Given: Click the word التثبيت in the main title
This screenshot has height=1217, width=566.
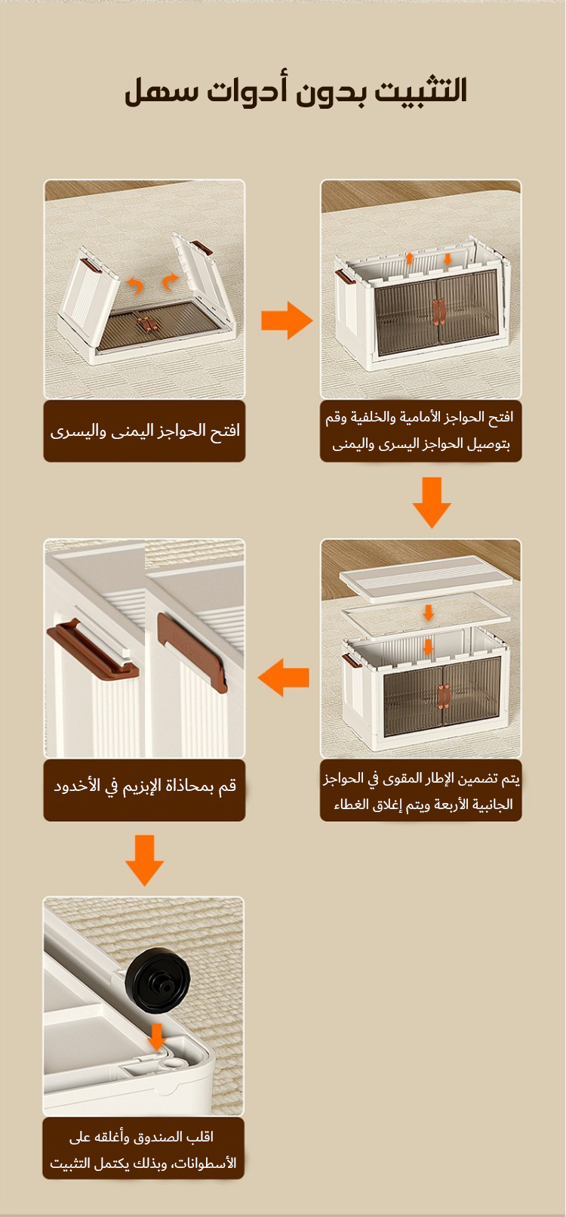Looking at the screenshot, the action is click(421, 90).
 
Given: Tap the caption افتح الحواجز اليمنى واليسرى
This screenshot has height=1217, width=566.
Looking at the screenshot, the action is click(144, 431).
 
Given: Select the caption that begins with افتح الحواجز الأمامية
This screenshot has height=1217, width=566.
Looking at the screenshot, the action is click(420, 431).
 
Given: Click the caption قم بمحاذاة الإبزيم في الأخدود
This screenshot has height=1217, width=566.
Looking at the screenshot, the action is click(145, 786).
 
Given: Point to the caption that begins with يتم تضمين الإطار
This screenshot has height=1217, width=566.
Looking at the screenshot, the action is click(421, 791).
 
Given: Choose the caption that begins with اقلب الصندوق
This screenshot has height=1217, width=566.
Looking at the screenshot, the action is click(143, 1150).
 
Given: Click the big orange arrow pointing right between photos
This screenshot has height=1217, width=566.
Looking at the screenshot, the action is click(287, 320).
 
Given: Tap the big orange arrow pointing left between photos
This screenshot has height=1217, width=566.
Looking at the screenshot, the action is click(283, 678).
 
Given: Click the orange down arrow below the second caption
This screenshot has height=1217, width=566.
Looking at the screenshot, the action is click(432, 502).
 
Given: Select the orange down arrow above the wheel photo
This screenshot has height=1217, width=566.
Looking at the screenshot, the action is click(144, 860).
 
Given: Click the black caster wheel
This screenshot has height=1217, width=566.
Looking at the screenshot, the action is click(158, 981).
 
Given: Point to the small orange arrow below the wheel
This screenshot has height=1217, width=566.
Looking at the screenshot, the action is click(157, 1036).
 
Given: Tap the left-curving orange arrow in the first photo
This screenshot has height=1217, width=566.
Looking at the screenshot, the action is click(134, 284).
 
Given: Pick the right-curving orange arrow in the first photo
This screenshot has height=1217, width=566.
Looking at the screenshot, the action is click(171, 282).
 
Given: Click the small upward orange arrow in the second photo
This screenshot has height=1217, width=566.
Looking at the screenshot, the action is click(410, 258).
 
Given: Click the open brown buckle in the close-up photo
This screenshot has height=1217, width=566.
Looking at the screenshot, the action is click(93, 650).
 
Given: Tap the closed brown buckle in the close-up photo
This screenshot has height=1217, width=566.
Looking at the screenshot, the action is click(192, 651).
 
